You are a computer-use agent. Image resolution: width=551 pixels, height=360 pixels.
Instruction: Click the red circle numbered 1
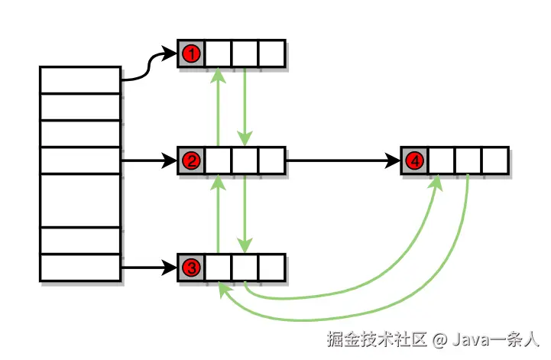coord(191,54)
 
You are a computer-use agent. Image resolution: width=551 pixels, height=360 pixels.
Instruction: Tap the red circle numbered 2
coord(191,161)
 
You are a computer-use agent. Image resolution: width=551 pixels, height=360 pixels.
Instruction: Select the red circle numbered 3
coord(191,268)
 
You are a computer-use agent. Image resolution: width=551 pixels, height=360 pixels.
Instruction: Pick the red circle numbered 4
coord(414,161)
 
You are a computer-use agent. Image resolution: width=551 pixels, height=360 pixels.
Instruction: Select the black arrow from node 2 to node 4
coord(344,161)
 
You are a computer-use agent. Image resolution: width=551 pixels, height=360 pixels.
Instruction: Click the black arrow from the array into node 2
coord(149,161)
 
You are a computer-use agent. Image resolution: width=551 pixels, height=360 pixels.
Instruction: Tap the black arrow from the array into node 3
coord(149,268)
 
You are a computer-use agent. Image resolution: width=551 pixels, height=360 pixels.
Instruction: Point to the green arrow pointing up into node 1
coord(219,107)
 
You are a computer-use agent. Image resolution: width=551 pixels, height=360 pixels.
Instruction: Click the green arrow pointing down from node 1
coord(245,107)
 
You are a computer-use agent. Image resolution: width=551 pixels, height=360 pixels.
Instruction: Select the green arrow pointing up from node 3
coord(219,214)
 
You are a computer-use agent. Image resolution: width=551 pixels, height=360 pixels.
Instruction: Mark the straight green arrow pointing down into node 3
coord(245,214)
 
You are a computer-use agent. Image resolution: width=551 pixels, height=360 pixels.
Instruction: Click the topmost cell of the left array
coord(80,80)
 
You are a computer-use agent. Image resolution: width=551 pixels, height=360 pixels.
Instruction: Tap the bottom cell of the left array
coord(80,268)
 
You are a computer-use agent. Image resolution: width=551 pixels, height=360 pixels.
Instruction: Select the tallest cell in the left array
coord(80,200)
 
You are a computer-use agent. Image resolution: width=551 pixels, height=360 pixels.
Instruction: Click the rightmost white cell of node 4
coord(494,161)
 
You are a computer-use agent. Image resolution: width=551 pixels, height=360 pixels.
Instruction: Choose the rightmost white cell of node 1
coord(271,54)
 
